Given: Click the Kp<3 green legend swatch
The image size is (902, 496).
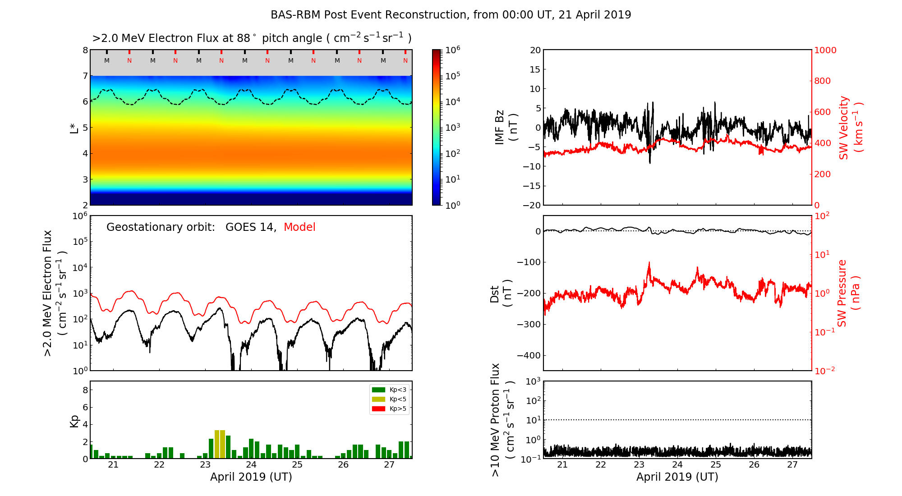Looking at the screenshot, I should (x=378, y=390).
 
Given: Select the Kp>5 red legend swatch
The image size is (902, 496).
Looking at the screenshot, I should (x=378, y=409).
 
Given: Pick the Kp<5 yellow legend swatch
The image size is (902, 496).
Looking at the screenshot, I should (x=378, y=399).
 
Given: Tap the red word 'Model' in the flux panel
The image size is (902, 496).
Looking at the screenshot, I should (x=299, y=227).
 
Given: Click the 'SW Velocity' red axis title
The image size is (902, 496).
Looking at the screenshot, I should (x=844, y=128).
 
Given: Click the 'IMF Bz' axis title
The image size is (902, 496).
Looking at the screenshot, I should (x=500, y=128).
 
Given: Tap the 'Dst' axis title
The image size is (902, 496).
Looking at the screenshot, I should (x=495, y=293).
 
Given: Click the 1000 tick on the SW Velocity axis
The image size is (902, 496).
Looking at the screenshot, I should (x=825, y=50).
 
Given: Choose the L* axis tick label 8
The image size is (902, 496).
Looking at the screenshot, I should (x=85, y=50).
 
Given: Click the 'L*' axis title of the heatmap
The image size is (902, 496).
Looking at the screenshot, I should (x=74, y=128).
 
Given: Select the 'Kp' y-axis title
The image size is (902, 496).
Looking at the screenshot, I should (x=74, y=421).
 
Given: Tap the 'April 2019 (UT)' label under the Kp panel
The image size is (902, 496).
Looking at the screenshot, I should (x=251, y=477).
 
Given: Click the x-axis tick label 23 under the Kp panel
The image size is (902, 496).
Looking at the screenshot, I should (x=205, y=465).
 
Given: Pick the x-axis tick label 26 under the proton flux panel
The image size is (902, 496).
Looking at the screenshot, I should (x=754, y=465).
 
